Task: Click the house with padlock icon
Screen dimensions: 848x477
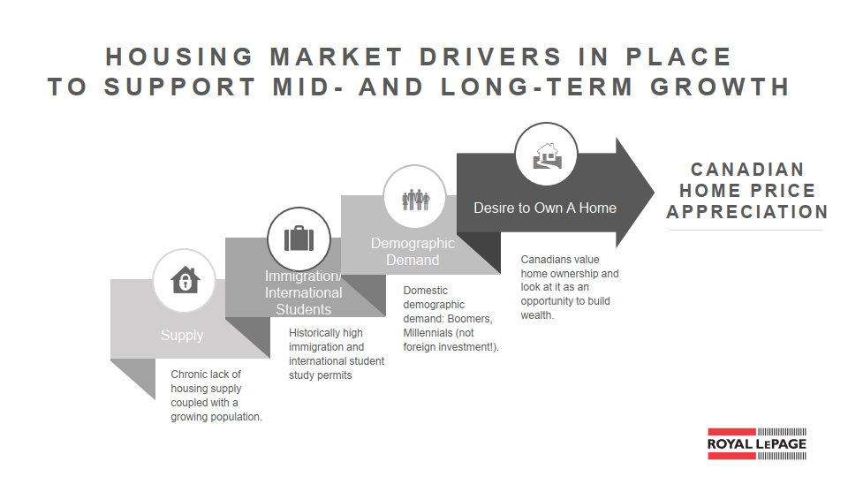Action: (185, 280)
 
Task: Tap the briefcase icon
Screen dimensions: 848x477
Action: (299, 238)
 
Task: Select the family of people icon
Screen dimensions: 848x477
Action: (415, 200)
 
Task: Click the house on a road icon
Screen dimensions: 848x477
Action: (547, 155)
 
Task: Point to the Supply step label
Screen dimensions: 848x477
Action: (182, 336)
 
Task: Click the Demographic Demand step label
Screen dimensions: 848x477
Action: (413, 252)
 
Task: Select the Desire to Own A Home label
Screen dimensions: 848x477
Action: (545, 208)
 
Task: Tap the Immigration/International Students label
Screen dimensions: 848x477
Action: (303, 292)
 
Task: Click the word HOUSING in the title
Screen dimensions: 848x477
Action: (179, 57)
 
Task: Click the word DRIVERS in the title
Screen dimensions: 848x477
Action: (491, 57)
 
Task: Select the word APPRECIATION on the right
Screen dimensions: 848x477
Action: (747, 211)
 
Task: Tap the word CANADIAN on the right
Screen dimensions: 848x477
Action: (747, 170)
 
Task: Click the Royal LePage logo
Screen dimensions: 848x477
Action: (757, 444)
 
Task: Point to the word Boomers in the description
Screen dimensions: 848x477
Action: (470, 319)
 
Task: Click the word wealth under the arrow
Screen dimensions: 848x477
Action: (537, 315)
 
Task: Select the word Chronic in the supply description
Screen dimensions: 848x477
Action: (189, 375)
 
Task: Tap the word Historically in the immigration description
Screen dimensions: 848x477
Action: (314, 333)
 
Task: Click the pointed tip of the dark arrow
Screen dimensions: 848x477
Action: (654, 192)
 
